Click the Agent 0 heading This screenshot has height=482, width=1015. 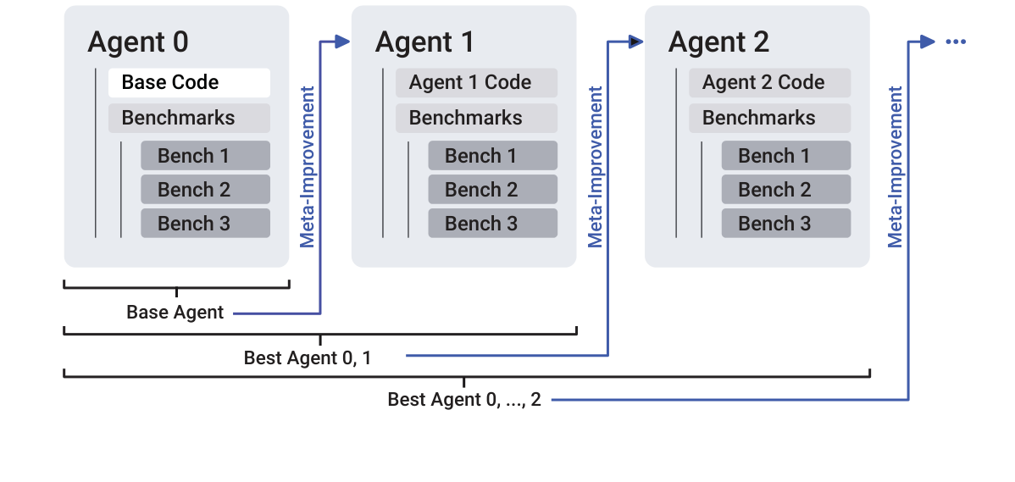tap(138, 42)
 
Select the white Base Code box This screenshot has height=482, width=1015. tap(188, 83)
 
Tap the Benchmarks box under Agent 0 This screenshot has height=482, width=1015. tap(188, 118)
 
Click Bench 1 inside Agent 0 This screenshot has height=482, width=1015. tap(205, 156)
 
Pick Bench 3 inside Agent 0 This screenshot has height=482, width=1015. tap(205, 224)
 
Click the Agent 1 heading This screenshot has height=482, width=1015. tap(425, 42)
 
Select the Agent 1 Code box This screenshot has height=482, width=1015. tap(476, 83)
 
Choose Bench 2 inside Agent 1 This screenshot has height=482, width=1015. tap(492, 190)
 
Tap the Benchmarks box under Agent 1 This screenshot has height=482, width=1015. tap(476, 118)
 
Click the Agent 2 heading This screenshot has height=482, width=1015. tap(718, 42)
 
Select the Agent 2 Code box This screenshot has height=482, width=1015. tap(769, 83)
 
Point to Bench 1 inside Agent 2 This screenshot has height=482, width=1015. tap(785, 156)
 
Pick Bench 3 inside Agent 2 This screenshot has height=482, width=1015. tap(785, 224)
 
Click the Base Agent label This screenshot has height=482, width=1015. tap(175, 313)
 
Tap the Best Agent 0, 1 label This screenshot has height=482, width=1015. tap(307, 358)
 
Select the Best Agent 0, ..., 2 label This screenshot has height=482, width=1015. tap(463, 400)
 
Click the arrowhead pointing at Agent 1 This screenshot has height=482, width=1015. tap(342, 42)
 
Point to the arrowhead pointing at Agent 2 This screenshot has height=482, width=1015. tap(635, 42)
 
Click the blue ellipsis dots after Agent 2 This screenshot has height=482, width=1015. tap(955, 42)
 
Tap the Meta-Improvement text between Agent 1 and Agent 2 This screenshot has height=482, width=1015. tap(596, 166)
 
